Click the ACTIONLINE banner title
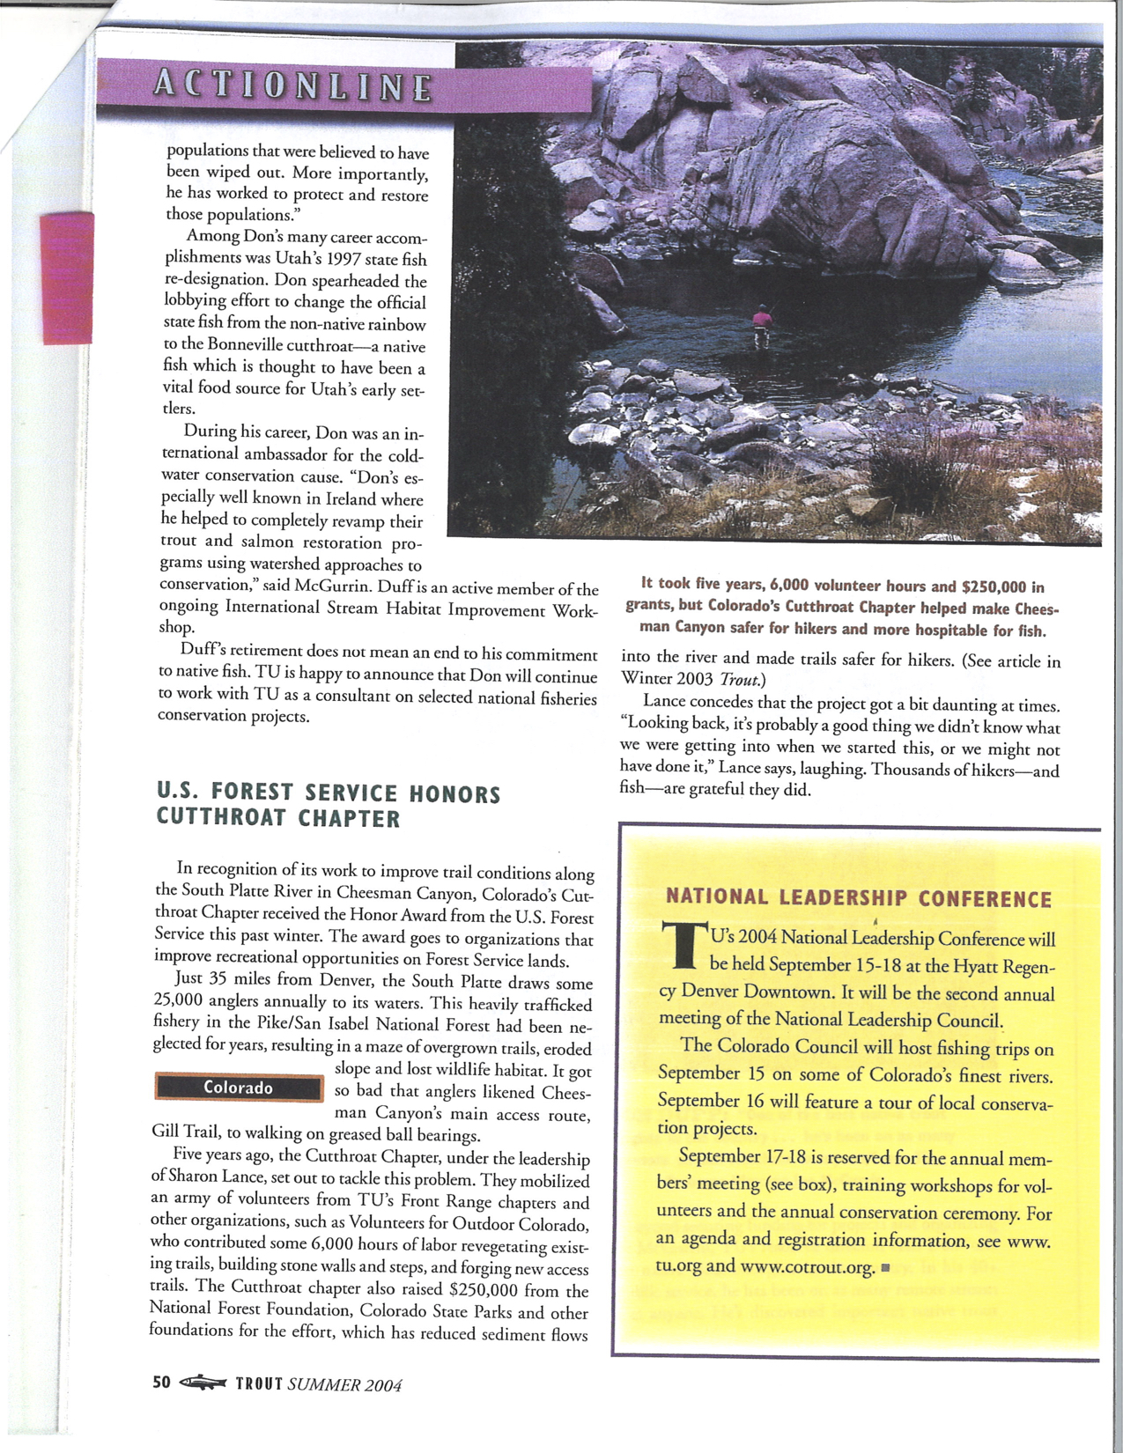293,86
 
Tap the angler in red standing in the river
761,327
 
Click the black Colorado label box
239,1088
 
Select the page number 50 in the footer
161,1382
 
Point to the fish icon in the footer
203,1383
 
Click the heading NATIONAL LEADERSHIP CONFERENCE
859,898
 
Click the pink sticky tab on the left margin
67,275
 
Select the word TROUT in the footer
259,1383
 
